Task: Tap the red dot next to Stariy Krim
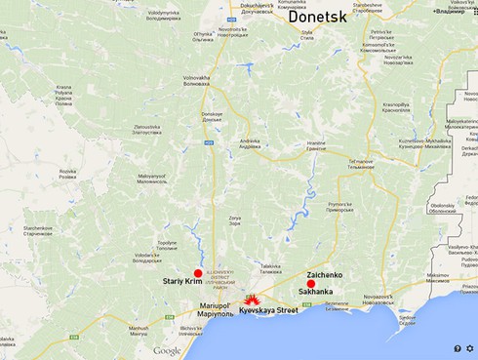[x=198, y=274]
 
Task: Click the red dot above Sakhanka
[x=311, y=284]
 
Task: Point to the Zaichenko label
[x=324, y=275]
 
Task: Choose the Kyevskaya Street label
[x=268, y=310]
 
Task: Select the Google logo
[x=167, y=350]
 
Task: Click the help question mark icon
[x=457, y=348]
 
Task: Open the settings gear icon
[x=470, y=348]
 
